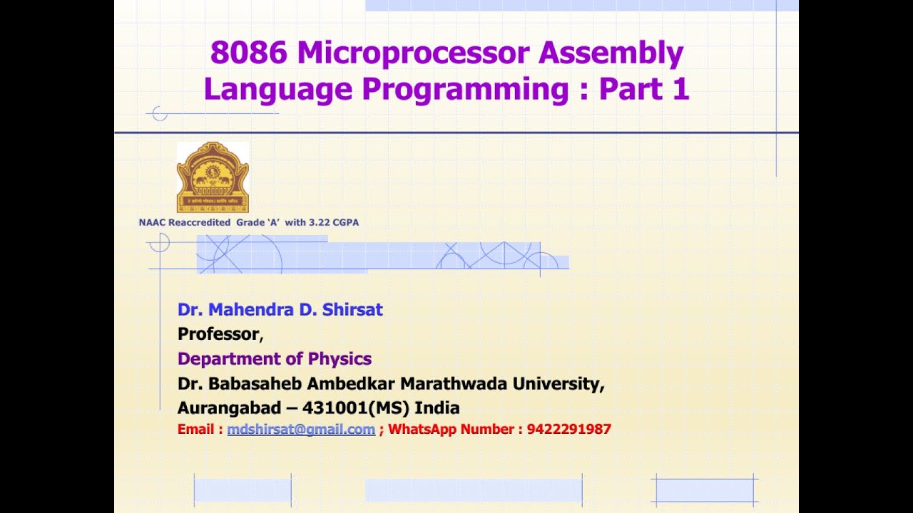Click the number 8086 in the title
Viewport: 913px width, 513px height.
pos(249,53)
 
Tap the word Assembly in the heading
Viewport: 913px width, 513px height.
pos(611,53)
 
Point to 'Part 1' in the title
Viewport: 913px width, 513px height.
pos(644,89)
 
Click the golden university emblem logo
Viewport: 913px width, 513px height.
pos(213,177)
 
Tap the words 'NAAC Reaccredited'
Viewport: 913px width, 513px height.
pos(185,222)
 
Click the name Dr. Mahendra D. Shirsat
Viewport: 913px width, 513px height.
pos(280,310)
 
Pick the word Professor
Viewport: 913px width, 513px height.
pos(218,334)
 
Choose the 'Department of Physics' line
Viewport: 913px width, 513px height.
pos(275,358)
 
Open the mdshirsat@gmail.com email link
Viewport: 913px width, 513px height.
pos(301,430)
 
